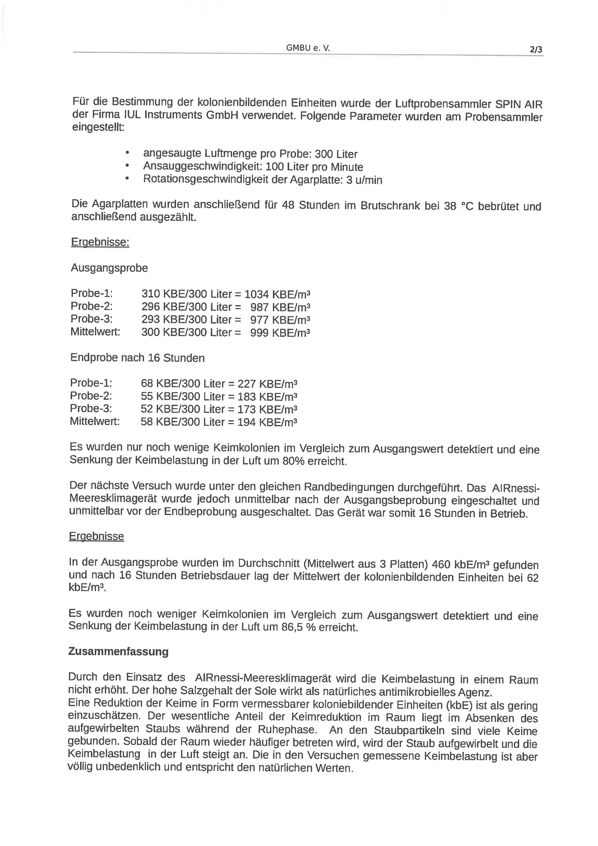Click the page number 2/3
coord(536,50)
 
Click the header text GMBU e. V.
coord(308,48)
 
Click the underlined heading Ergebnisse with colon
coord(100,242)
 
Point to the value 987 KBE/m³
coord(280,307)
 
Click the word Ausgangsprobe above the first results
coord(109,268)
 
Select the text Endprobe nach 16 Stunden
coord(137,358)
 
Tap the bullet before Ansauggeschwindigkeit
coord(127,165)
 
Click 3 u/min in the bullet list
coord(364,180)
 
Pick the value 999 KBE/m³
coord(280,333)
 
